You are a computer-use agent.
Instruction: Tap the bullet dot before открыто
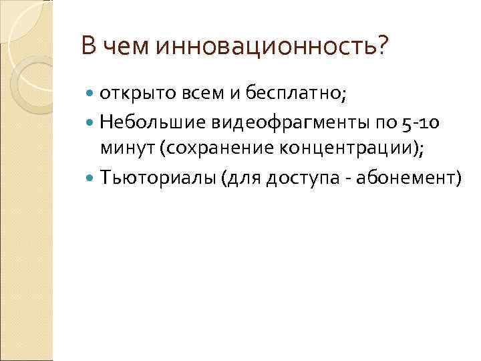coord(92,95)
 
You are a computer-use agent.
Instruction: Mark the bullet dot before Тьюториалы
coord(92,177)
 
